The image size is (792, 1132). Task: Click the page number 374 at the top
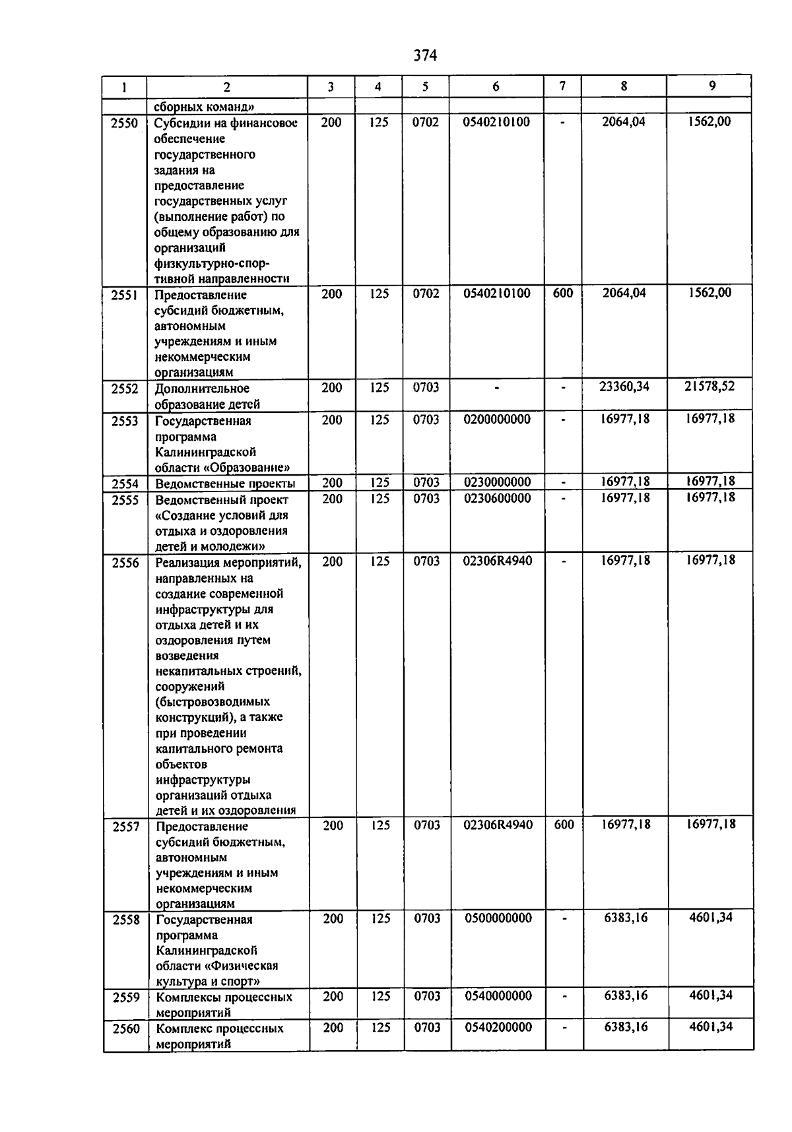coord(425,55)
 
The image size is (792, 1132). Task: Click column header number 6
coord(496,86)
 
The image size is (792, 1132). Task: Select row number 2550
coord(125,123)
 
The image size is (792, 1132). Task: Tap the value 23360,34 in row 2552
coord(624,387)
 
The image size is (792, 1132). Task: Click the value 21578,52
coord(709,386)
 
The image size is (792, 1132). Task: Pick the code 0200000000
coord(497,419)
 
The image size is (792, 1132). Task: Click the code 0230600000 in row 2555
coord(497,498)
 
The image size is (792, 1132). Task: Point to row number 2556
coord(125,563)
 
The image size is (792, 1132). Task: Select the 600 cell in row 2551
coord(562,293)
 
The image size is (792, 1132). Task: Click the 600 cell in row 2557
coord(564,825)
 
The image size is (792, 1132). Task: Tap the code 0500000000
coord(498,918)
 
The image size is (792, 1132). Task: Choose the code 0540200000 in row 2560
coord(498,1027)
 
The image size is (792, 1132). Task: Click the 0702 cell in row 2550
coord(426,122)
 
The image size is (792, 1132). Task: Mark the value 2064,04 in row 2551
coord(624,293)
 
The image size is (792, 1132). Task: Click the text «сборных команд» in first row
coord(205,106)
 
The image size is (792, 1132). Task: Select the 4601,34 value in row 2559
coord(711,995)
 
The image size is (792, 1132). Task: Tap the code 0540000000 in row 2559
coord(498,995)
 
